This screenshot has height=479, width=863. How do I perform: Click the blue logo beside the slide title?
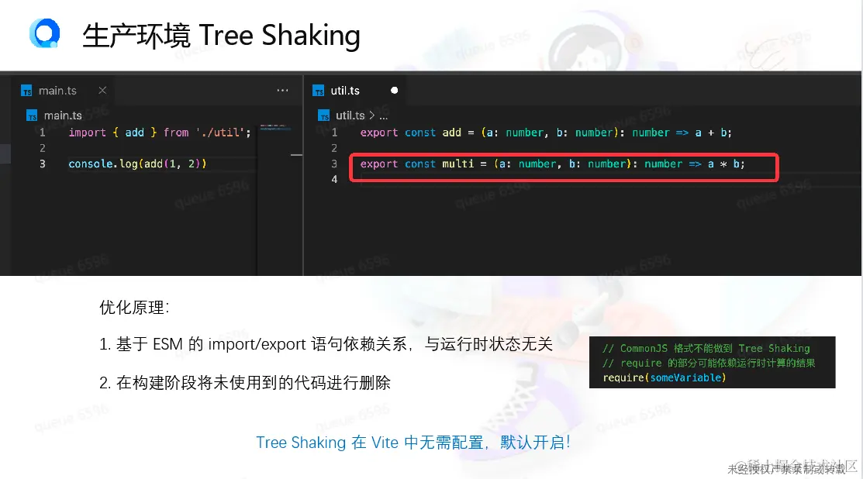click(44, 34)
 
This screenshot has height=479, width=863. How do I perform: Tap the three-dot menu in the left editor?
click(282, 91)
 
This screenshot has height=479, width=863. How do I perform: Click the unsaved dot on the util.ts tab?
click(394, 91)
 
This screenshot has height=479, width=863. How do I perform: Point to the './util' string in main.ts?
click(223, 133)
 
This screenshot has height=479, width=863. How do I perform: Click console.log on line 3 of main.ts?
click(97, 164)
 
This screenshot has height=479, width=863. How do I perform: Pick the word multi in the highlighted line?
click(457, 164)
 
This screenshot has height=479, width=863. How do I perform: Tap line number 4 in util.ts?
click(334, 179)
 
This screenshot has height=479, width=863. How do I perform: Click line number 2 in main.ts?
click(42, 148)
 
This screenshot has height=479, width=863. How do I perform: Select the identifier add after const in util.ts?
click(452, 133)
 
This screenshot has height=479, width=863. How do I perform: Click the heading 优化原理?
click(134, 307)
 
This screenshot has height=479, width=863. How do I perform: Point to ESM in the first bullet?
click(167, 344)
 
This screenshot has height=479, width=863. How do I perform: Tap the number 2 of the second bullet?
click(104, 382)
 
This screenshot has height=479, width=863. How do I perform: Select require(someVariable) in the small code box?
click(664, 377)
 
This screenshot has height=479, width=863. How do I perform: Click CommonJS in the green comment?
click(647, 349)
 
